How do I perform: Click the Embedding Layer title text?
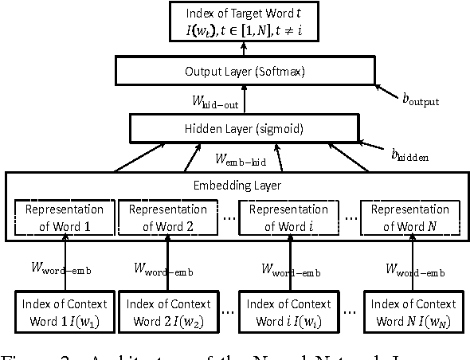click(238, 185)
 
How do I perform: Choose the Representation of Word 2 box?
click(167, 217)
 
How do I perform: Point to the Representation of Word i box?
click(288, 217)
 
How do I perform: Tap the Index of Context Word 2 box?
click(167, 311)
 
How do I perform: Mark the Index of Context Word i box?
click(288, 311)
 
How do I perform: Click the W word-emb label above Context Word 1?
click(67, 269)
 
